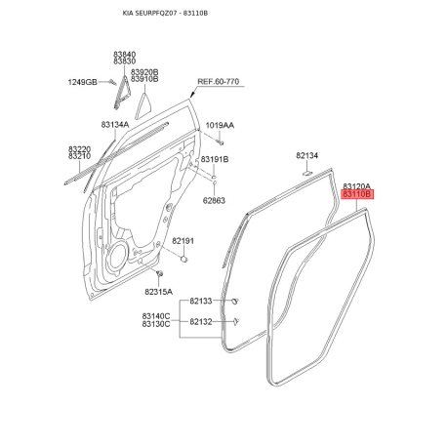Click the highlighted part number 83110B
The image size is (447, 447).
(x=357, y=194)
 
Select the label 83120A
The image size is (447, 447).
(x=357, y=186)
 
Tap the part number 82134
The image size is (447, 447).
(x=306, y=155)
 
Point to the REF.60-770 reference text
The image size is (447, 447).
(x=219, y=82)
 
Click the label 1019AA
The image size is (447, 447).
(x=220, y=125)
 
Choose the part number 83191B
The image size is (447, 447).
(x=215, y=159)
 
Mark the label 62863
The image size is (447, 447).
(x=214, y=200)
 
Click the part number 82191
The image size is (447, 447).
(x=183, y=241)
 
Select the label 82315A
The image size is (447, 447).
(x=159, y=292)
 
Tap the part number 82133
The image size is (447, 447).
(x=201, y=301)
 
